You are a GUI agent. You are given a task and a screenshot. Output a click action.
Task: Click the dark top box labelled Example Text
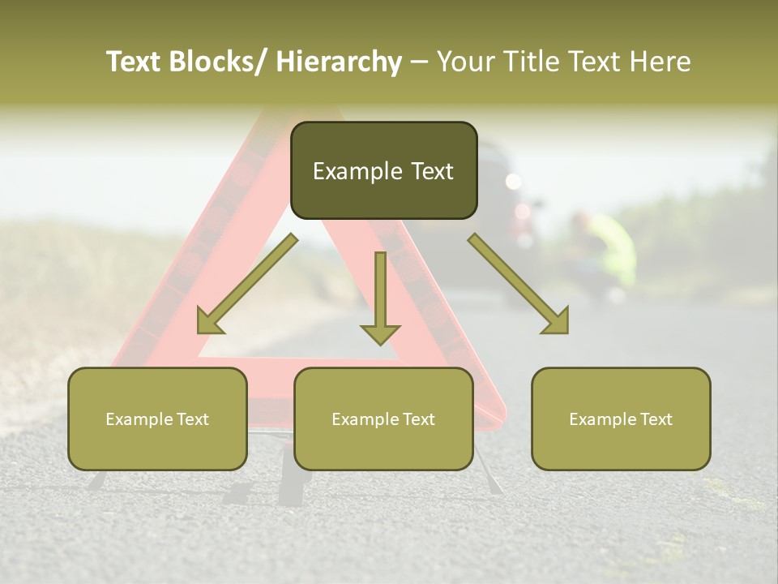point(383,170)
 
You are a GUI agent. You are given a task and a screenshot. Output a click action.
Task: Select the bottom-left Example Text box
point(157,419)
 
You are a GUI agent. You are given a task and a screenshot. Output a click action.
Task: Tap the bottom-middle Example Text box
point(383,419)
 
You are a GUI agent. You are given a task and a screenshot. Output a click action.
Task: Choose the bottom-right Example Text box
point(621,419)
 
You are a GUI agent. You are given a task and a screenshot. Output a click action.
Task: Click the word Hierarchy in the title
point(339,62)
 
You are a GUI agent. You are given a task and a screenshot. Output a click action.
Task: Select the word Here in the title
point(662,62)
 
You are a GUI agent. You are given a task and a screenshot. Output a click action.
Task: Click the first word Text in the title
point(134,62)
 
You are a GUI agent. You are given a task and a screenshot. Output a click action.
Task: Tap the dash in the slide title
point(419,62)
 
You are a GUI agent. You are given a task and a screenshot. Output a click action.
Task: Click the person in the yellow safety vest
point(604,251)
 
